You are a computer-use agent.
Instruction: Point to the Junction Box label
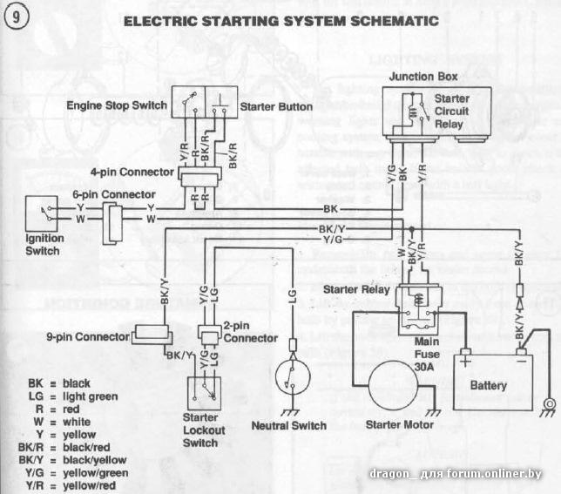click(422, 77)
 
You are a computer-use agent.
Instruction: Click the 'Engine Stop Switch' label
click(117, 106)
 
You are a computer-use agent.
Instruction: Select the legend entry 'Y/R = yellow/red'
click(64, 485)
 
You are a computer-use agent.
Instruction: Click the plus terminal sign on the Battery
click(466, 357)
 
